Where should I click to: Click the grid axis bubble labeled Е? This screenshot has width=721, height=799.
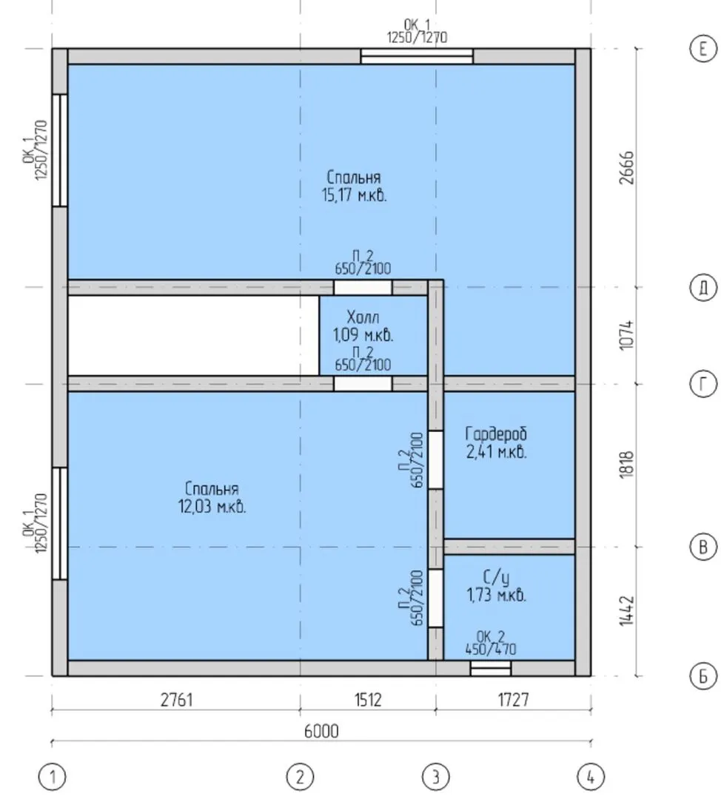tap(703, 50)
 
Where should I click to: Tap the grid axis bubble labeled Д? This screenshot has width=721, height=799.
tap(703, 287)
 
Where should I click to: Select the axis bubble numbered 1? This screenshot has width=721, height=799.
tap(52, 777)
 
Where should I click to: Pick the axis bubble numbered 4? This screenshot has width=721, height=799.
tap(591, 777)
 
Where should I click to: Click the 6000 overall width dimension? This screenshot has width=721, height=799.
tap(321, 731)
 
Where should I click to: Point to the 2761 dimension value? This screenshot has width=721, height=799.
tap(177, 700)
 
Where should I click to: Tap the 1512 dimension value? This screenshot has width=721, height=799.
tap(368, 700)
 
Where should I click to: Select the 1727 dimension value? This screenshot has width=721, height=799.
tap(513, 700)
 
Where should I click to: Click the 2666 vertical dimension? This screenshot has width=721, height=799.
tap(628, 167)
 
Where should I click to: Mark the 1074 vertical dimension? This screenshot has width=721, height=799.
tap(628, 335)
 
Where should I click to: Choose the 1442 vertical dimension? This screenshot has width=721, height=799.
tap(628, 611)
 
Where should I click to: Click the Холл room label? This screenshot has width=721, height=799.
tap(363, 317)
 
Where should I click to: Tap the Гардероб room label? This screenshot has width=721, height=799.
tap(496, 434)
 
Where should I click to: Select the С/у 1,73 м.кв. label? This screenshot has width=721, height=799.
tap(496, 586)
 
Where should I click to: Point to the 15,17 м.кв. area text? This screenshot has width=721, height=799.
tap(355, 195)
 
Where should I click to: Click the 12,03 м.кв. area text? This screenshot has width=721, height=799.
tap(212, 507)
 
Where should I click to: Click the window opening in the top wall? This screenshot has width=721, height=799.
tap(417, 56)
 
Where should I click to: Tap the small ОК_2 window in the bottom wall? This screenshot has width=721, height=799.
tap(490, 668)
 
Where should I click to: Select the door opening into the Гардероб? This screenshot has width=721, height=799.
tap(435, 459)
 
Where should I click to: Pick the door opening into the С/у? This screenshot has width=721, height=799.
tap(435, 598)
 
